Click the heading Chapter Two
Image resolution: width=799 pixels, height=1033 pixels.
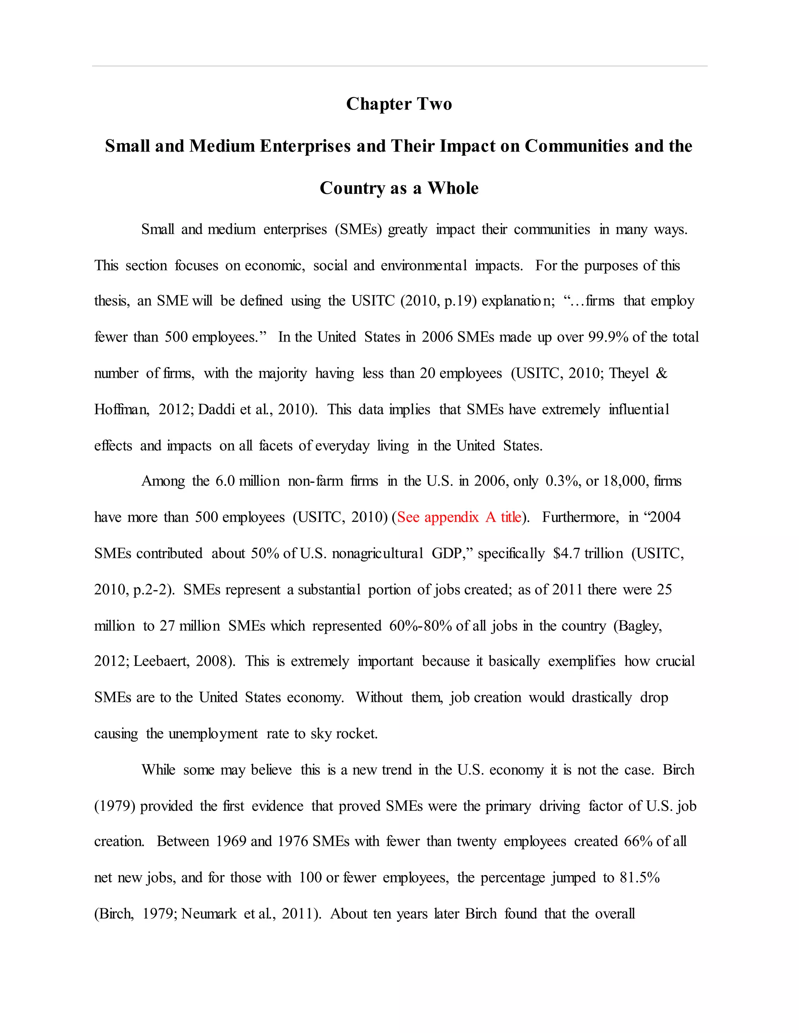click(x=399, y=104)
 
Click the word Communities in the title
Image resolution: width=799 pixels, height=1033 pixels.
click(x=577, y=146)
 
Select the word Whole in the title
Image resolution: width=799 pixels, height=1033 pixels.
click(x=453, y=188)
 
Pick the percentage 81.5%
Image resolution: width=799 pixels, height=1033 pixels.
click(x=639, y=878)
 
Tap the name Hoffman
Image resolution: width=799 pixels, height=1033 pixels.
click(x=121, y=410)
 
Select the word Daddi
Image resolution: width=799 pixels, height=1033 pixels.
click(x=216, y=410)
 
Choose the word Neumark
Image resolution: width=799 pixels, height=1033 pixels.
click(x=209, y=914)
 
